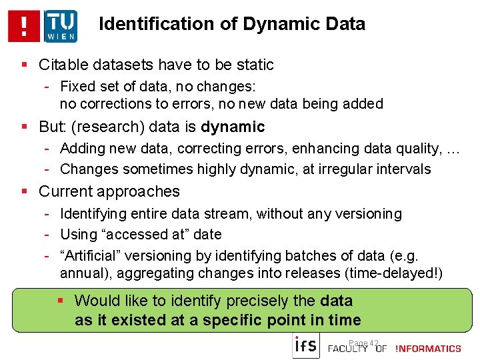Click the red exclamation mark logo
click(25, 26)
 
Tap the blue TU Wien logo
click(60, 26)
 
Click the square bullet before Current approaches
click(25, 191)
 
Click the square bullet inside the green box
click(61, 301)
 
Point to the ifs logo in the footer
click(306, 346)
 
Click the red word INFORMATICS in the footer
click(429, 349)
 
